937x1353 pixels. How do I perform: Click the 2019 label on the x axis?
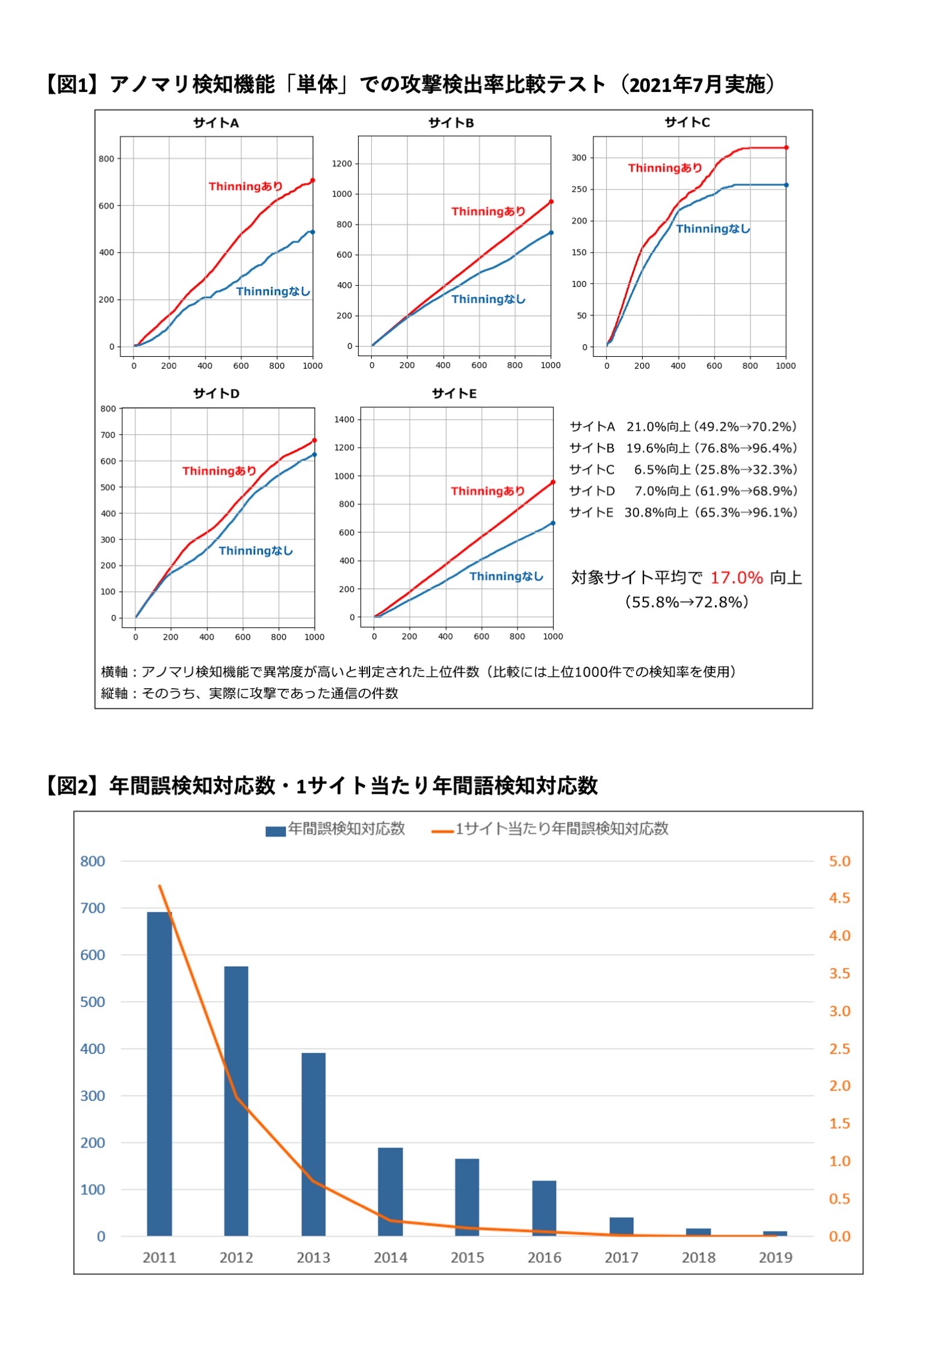coord(775,1257)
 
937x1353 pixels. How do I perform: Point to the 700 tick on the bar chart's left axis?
coord(93,908)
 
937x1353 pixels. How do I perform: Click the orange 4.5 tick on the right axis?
coord(840,898)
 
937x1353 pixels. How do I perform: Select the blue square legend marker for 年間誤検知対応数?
coord(275,831)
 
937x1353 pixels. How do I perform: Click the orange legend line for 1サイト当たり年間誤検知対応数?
coord(442,831)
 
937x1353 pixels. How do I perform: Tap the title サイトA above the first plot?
coord(216,123)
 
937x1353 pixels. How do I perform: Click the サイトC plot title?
coord(687,123)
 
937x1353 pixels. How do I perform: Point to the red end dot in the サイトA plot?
coord(312,180)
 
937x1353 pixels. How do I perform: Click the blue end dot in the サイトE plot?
coord(553,523)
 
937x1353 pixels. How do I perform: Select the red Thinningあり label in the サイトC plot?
coord(665,168)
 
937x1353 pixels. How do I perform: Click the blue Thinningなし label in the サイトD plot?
coord(255,550)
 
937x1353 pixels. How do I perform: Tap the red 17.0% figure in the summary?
coord(736,578)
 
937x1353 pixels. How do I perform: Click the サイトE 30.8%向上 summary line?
coord(683,513)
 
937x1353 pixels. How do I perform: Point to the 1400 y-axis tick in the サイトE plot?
coord(344,419)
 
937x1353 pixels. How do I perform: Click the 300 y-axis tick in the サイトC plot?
coord(578,158)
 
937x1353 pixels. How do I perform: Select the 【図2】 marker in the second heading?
coord(73,786)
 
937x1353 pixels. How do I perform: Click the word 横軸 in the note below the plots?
coord(114,672)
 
